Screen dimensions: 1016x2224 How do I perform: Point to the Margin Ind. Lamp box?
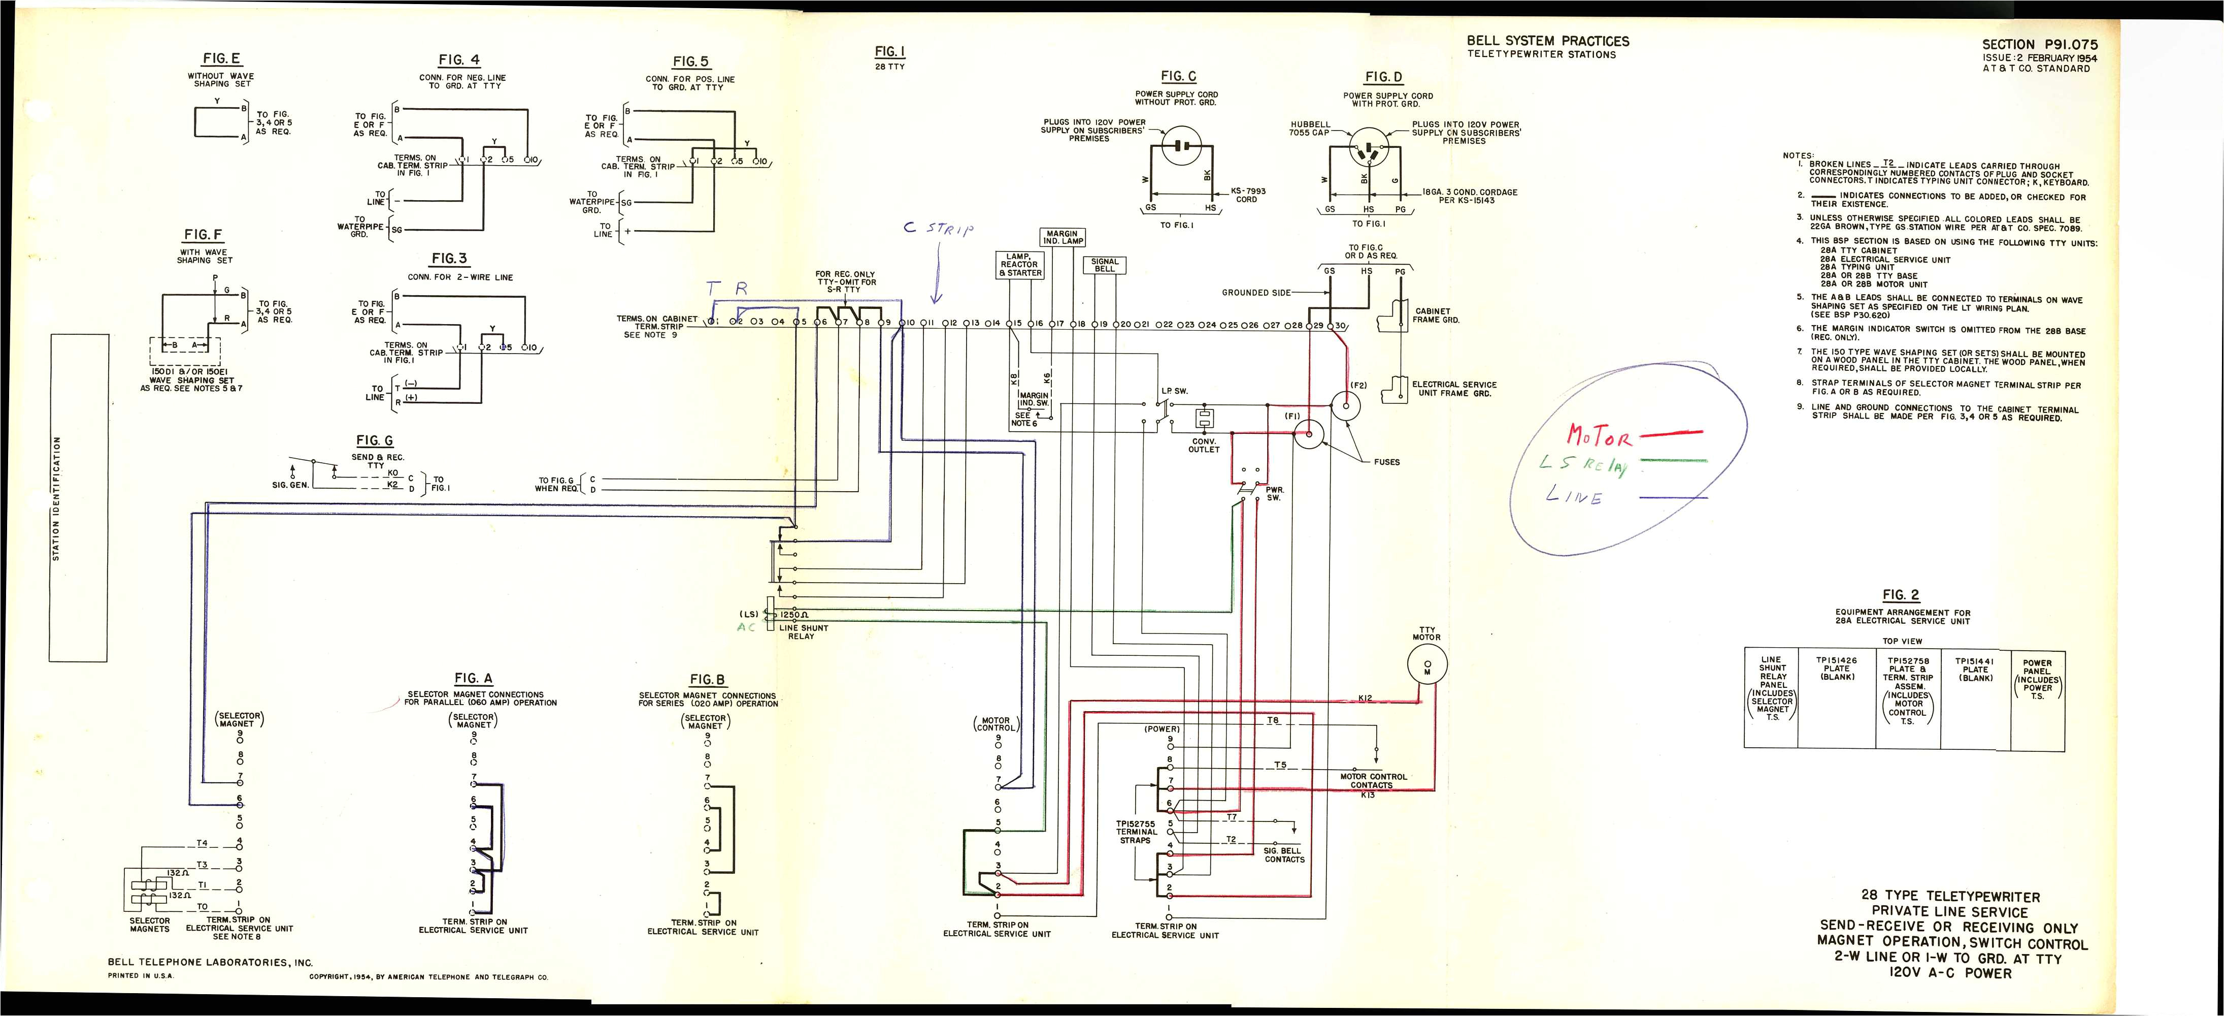(1061, 238)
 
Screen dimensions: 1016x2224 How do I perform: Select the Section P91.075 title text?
(2039, 45)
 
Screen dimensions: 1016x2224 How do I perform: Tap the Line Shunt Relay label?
(803, 632)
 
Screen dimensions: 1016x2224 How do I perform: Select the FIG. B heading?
(707, 680)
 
